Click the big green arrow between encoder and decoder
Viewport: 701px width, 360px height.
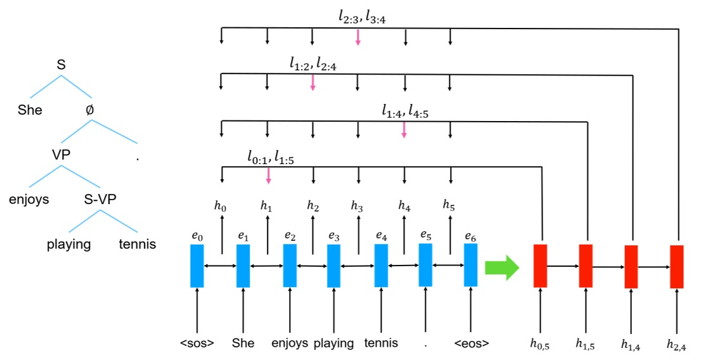click(501, 267)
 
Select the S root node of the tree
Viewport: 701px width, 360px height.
click(61, 65)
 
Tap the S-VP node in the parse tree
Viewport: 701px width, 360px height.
click(100, 200)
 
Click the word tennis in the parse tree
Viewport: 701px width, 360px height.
click(138, 244)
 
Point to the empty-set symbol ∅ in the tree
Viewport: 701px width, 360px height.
click(89, 110)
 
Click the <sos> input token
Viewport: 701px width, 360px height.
click(197, 344)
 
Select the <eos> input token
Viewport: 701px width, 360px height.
click(470, 344)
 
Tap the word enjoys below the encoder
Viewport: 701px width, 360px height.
click(290, 344)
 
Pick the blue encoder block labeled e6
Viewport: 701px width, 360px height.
click(470, 265)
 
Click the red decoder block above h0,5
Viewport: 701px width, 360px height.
click(540, 265)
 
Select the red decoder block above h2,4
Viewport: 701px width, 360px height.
click(677, 266)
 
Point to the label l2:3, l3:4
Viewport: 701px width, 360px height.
click(362, 17)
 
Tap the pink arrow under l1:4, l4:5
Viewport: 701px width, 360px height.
click(404, 129)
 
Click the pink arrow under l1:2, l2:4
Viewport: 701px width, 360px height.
click(312, 83)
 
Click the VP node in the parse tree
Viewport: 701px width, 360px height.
click(61, 155)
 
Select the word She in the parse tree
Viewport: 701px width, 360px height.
click(30, 110)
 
